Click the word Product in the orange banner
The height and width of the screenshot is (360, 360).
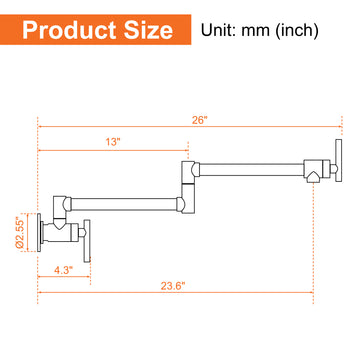coord(68,31)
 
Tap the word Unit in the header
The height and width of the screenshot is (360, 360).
coord(218,31)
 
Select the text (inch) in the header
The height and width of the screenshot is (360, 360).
coord(297,31)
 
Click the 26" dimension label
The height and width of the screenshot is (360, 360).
coord(200,120)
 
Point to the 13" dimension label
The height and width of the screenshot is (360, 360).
coord(113,142)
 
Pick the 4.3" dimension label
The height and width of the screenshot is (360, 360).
coord(64,270)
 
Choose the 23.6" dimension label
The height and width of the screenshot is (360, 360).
coord(173,286)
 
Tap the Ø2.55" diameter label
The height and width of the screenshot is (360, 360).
coord(20,233)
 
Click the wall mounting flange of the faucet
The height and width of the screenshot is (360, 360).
coord(39,232)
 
